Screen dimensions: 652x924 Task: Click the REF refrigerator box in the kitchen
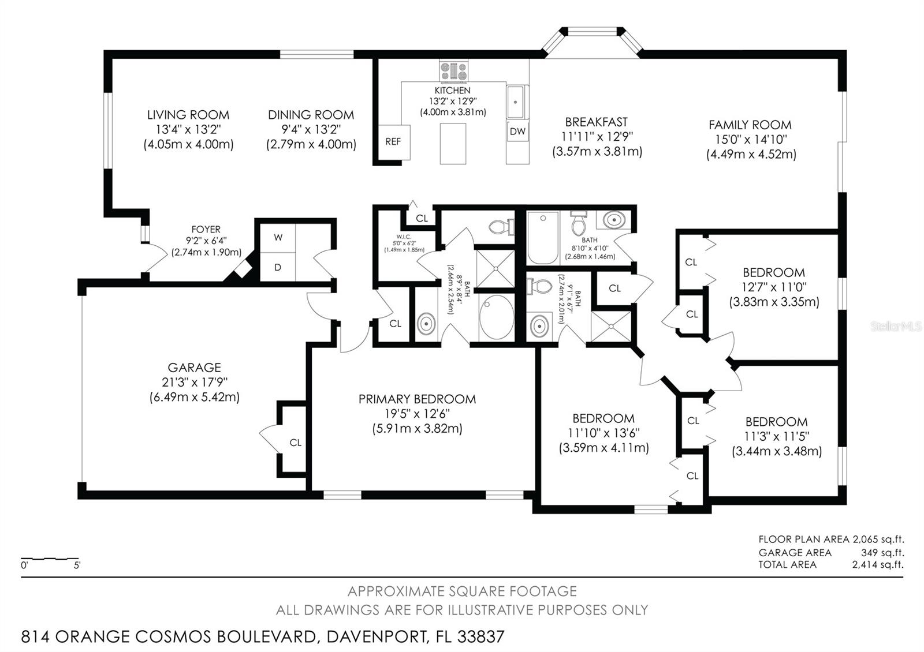point(394,142)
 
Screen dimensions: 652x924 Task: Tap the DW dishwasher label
point(517,132)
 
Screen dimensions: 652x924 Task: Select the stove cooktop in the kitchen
point(453,72)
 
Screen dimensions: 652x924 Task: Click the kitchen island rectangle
point(453,144)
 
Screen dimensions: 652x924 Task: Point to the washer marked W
point(278,237)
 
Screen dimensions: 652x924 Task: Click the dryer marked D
point(278,267)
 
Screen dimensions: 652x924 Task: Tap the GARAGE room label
point(194,368)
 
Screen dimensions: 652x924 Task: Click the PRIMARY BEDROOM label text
point(417,399)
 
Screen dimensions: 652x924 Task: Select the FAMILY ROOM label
point(750,125)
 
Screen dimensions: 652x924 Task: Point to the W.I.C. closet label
point(404,237)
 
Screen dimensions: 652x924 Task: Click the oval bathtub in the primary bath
point(496,317)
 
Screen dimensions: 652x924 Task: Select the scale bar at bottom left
point(50,559)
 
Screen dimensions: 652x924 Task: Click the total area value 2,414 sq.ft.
point(877,565)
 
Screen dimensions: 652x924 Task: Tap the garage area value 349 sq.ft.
point(882,552)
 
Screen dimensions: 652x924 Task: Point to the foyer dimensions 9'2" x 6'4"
point(206,241)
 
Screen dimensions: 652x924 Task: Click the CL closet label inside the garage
point(295,443)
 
